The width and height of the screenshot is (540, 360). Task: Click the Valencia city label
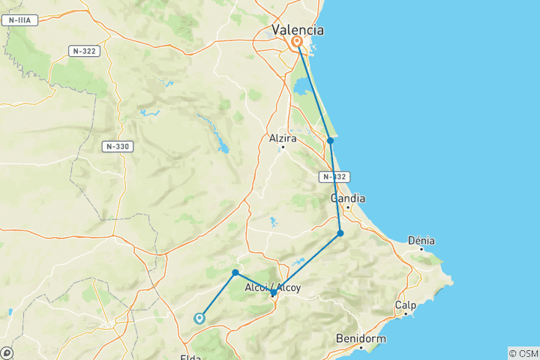(x=298, y=30)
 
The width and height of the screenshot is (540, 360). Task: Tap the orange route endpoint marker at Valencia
(x=297, y=42)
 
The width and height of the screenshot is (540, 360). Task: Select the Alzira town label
(x=283, y=138)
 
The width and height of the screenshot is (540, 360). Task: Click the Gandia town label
(x=348, y=199)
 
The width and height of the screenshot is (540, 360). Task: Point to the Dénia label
(x=421, y=240)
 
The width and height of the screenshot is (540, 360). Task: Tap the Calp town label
(x=406, y=305)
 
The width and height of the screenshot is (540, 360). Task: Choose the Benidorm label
(x=361, y=338)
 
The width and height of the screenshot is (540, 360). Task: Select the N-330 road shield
(x=118, y=146)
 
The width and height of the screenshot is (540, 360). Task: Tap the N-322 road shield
(x=84, y=51)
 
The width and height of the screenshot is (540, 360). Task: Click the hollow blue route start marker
(x=199, y=318)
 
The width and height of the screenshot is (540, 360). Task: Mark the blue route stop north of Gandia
(x=330, y=140)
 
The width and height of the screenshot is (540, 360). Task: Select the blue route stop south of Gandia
(x=340, y=233)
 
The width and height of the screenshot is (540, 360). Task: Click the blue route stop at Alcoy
(x=273, y=293)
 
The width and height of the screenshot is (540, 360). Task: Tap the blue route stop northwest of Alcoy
(x=235, y=272)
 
